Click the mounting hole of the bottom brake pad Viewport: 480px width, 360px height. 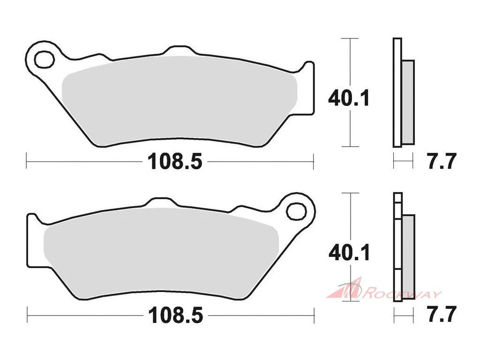296,211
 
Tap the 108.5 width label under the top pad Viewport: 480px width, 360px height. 175,161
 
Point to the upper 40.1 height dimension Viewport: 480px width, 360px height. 349,98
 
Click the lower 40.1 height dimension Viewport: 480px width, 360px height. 349,253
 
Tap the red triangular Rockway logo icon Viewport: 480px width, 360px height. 345,288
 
